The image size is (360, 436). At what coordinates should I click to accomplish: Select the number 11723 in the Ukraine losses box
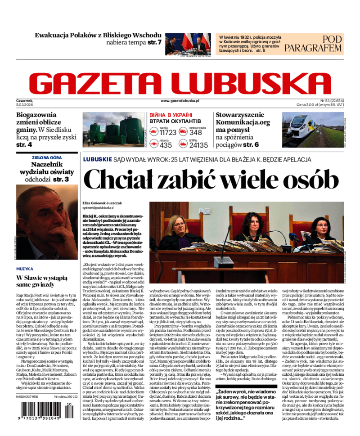167,132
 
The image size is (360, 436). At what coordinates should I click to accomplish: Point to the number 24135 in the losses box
198,145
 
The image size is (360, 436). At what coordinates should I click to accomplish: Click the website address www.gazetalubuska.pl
180,102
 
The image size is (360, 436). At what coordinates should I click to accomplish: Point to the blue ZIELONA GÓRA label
47,157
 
